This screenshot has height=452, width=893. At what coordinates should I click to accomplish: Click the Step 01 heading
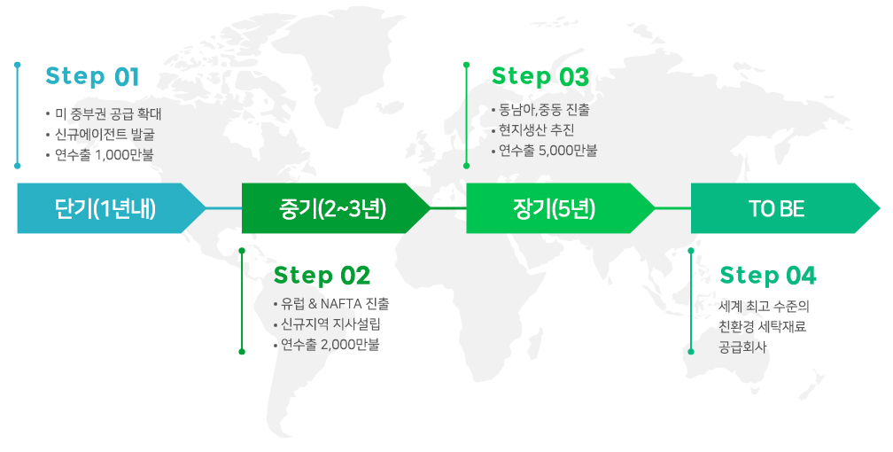(92, 76)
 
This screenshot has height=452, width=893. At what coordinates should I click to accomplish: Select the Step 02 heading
(322, 275)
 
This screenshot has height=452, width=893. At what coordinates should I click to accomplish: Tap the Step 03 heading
(540, 76)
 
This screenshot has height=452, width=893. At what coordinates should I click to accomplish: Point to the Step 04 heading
(767, 276)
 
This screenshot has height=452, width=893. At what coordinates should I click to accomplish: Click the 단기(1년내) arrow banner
(105, 208)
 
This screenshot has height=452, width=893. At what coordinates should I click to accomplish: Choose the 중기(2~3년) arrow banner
(330, 208)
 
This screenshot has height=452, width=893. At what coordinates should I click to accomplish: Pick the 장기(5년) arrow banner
(555, 208)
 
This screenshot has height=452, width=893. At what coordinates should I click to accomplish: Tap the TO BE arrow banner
(777, 208)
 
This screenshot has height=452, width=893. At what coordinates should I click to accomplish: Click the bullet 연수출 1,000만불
(104, 155)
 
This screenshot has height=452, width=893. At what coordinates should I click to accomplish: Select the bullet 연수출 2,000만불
(330, 345)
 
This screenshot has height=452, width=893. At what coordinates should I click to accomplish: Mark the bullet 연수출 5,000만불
(547, 151)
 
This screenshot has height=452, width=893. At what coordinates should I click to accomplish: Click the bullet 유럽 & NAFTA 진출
(335, 304)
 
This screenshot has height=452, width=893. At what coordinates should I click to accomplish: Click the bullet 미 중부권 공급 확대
(108, 114)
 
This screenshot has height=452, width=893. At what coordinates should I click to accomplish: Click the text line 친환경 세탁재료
(763, 327)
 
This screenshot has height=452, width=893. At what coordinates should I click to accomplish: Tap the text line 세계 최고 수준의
(765, 307)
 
